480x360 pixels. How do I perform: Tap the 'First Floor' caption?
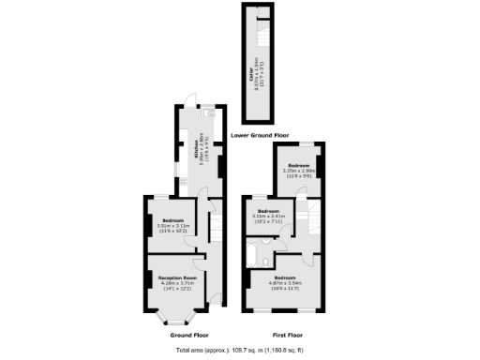click(286, 335)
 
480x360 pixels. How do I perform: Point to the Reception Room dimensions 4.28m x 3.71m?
click(176, 285)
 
